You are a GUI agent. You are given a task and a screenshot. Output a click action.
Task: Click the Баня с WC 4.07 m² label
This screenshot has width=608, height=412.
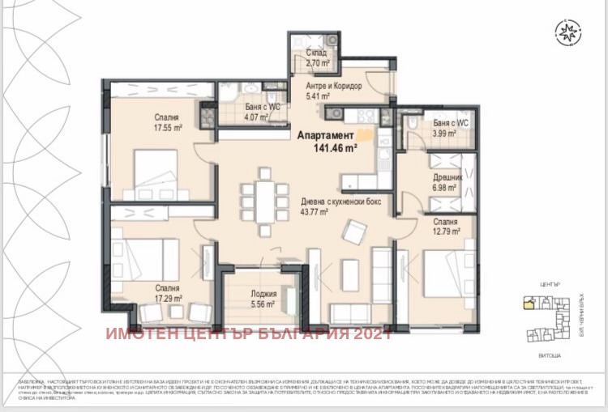tap(263, 112)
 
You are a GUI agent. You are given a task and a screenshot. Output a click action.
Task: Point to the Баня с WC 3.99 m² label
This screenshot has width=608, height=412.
tap(447, 128)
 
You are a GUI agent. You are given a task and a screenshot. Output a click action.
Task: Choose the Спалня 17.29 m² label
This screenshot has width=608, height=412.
tap(169, 292)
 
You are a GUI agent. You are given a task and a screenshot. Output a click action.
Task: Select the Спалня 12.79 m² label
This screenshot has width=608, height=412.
tap(444, 226)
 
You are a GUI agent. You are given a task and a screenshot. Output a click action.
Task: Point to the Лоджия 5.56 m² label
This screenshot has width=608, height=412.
tap(263, 299)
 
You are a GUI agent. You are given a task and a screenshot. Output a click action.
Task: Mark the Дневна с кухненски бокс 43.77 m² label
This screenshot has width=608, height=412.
tap(327, 207)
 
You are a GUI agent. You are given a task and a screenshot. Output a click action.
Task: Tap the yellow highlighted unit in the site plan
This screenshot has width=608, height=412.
tap(528, 304)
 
